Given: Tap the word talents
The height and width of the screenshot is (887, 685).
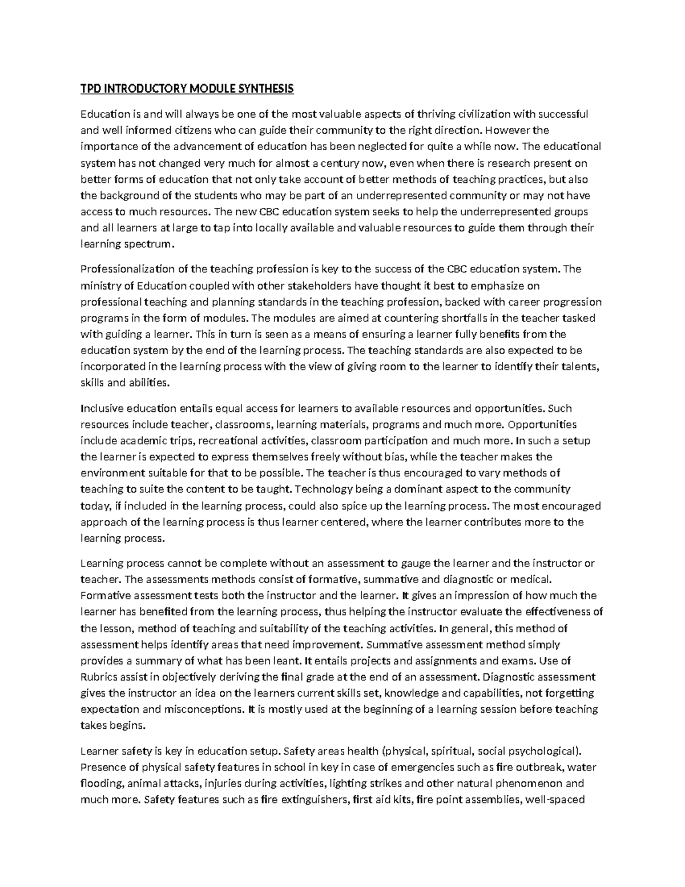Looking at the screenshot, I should [x=581, y=367].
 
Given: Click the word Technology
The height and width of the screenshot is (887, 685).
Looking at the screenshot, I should [x=321, y=489].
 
